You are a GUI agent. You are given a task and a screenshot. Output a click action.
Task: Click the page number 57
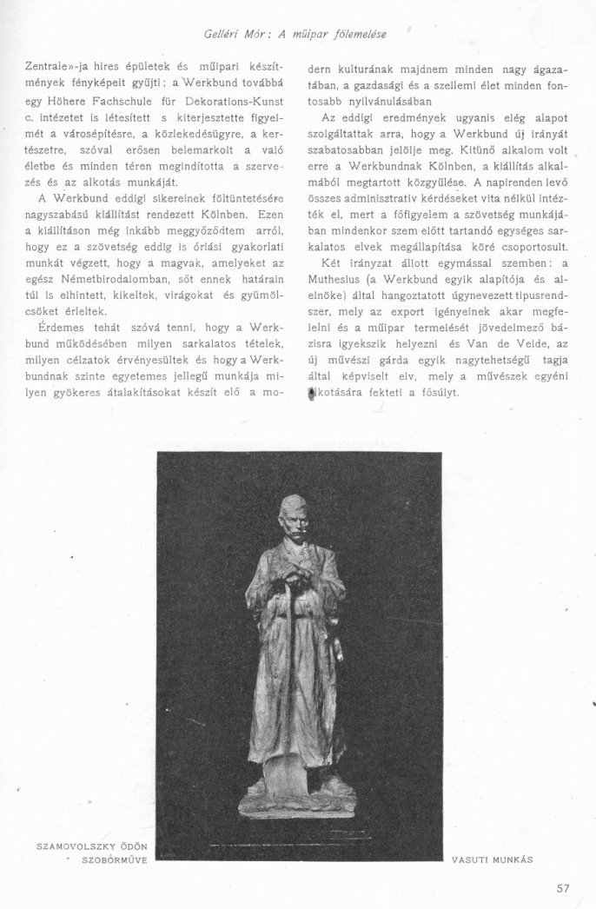click(563, 888)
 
